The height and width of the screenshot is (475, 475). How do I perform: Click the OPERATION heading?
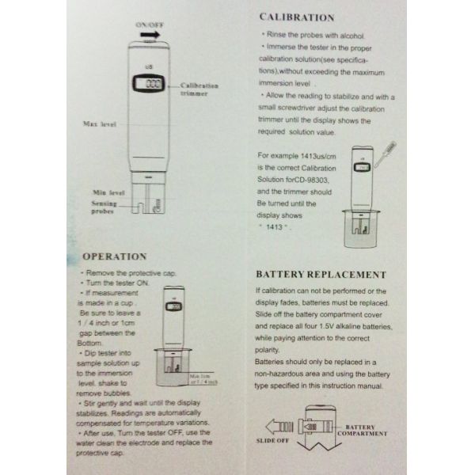114,256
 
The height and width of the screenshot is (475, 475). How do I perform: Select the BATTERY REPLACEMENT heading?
321,274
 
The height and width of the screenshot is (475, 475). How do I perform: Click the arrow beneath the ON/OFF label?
150,36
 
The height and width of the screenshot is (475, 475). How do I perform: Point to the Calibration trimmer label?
199,89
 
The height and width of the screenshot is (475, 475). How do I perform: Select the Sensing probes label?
104,207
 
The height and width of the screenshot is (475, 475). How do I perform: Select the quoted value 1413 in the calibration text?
277,226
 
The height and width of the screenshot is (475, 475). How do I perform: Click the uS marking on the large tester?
150,66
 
